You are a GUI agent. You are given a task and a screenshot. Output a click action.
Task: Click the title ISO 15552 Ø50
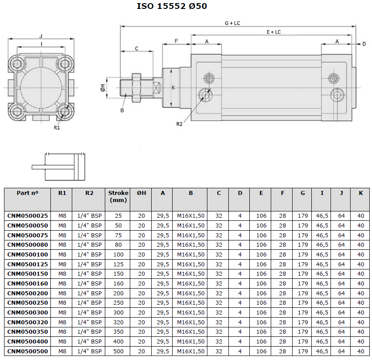pos(172,6)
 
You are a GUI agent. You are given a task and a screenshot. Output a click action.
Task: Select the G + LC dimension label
pos(232,23)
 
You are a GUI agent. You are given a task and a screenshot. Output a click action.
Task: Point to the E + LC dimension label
pos(273,32)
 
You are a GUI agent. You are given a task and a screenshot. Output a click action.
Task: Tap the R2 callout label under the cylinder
pos(179,124)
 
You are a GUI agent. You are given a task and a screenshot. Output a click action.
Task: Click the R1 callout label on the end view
pos(57,128)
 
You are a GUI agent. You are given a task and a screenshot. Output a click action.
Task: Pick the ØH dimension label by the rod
pos(103,88)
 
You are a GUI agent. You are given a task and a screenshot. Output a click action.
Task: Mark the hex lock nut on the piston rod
pos(136,88)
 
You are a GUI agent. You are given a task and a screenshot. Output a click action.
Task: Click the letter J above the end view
pos(41,36)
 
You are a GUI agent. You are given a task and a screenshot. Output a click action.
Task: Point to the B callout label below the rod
pos(122,110)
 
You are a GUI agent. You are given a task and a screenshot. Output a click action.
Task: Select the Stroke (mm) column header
pos(118,196)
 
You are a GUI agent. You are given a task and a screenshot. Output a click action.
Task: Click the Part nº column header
pos(28,193)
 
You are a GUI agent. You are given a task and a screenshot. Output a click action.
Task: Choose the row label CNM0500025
pos(28,216)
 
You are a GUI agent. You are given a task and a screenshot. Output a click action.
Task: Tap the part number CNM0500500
pos(28,351)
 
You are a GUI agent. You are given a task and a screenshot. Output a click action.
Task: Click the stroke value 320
pos(118,322)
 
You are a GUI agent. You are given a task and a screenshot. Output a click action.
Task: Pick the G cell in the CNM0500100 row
pos(303,255)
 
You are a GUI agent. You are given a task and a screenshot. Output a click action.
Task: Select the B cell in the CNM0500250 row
pos(191,303)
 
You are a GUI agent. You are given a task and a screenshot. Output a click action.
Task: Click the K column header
pos(360,193)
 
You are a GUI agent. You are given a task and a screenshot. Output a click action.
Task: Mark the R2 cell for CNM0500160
pos(90,284)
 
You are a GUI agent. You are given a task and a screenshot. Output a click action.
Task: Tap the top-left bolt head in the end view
pos(17,64)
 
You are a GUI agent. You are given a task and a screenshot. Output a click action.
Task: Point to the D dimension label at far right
pos(364,44)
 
